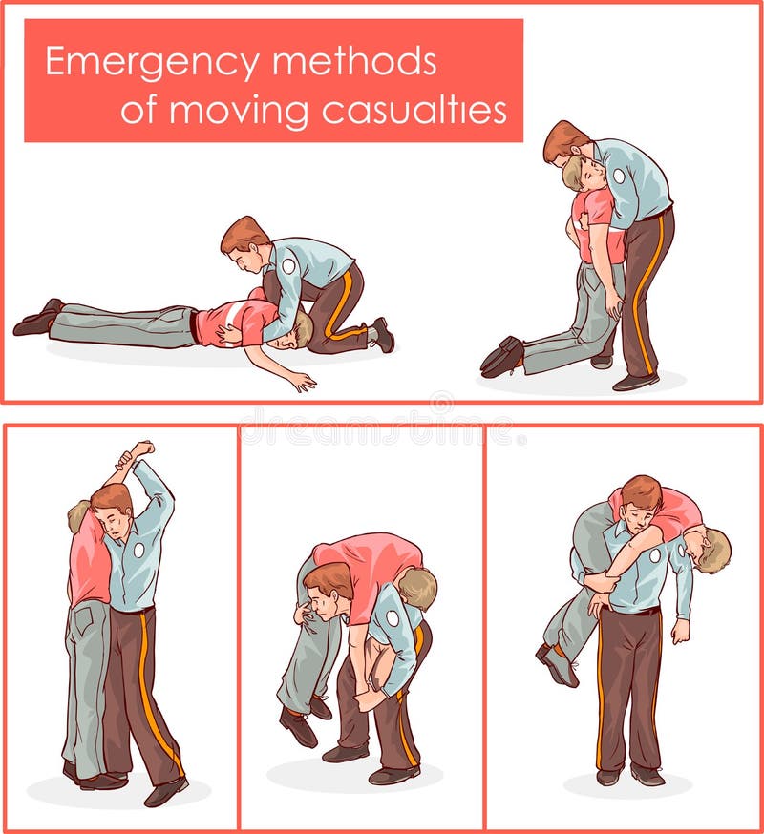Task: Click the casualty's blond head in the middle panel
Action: (x=417, y=586)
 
